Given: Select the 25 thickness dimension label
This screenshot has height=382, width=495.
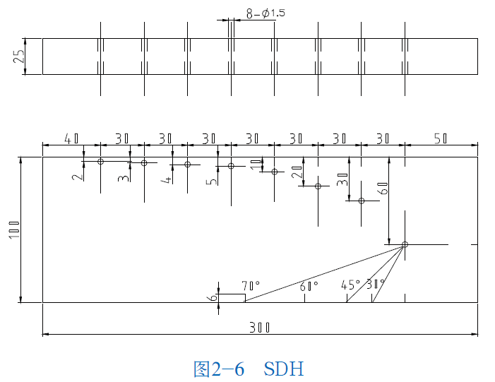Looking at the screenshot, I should [20, 56].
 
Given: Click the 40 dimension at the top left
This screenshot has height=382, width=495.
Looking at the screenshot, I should [71, 138].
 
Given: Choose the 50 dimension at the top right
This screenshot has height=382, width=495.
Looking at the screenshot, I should [441, 138].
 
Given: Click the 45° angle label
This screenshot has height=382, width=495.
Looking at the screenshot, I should [350, 285].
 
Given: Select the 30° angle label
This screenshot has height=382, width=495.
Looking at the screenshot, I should [376, 285].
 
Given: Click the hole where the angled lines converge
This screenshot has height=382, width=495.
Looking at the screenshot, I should [405, 245].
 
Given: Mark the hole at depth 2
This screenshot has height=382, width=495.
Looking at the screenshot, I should [100, 162].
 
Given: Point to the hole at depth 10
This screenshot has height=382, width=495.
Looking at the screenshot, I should [275, 172].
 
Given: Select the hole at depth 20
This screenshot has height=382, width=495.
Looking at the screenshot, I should [318, 186].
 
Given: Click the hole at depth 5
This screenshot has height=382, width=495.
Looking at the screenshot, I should [231, 166].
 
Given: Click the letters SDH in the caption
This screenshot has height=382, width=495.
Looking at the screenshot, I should [284, 368].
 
